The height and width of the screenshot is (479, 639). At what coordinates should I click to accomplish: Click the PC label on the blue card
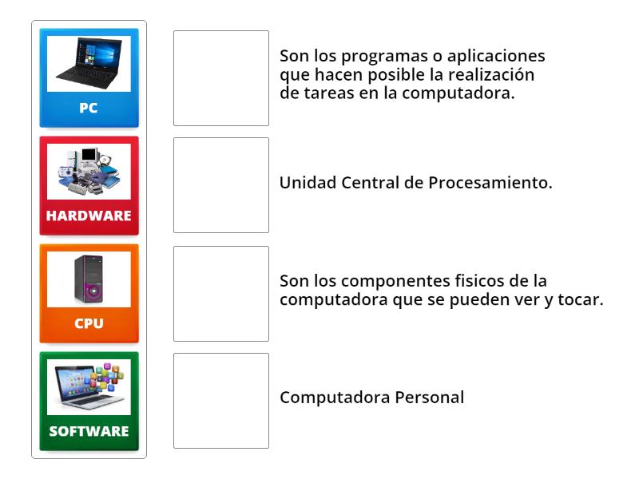click(x=89, y=108)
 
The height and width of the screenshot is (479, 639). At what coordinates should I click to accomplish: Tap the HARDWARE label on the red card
click(x=89, y=216)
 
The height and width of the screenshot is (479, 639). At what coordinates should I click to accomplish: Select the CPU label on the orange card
click(x=89, y=323)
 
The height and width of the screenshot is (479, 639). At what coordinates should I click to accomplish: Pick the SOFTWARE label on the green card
click(x=89, y=431)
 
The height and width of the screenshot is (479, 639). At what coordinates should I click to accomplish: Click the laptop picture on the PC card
click(x=89, y=64)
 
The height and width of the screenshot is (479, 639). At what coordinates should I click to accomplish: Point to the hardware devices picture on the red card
click(x=89, y=171)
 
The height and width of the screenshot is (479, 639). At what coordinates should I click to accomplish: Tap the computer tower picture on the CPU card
click(x=89, y=279)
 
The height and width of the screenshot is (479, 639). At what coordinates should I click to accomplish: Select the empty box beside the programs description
click(x=221, y=78)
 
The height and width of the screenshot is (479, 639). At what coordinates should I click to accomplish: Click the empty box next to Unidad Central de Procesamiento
click(x=221, y=185)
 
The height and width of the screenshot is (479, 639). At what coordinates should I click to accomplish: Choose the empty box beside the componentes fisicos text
click(x=221, y=294)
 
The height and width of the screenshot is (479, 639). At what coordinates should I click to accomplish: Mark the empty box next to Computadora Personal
click(x=221, y=401)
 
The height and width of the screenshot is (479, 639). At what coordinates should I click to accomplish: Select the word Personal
click(x=430, y=398)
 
